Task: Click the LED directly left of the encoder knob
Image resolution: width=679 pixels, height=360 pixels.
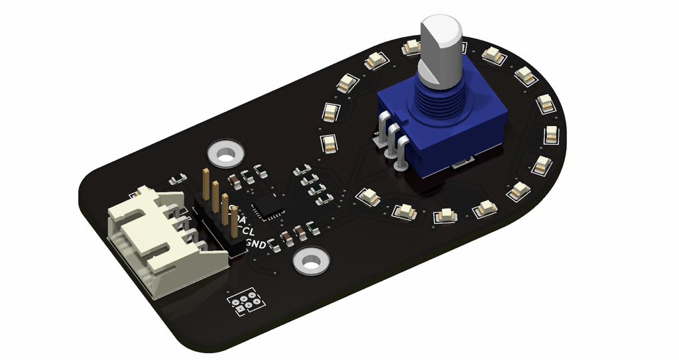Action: click(375, 61)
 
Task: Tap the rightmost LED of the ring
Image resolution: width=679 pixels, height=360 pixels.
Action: click(551, 134)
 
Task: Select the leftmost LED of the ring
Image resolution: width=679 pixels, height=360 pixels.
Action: click(328, 142)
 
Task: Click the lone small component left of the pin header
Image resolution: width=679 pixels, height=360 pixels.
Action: click(177, 179)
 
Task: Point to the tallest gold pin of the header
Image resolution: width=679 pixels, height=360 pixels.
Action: click(207, 183)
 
